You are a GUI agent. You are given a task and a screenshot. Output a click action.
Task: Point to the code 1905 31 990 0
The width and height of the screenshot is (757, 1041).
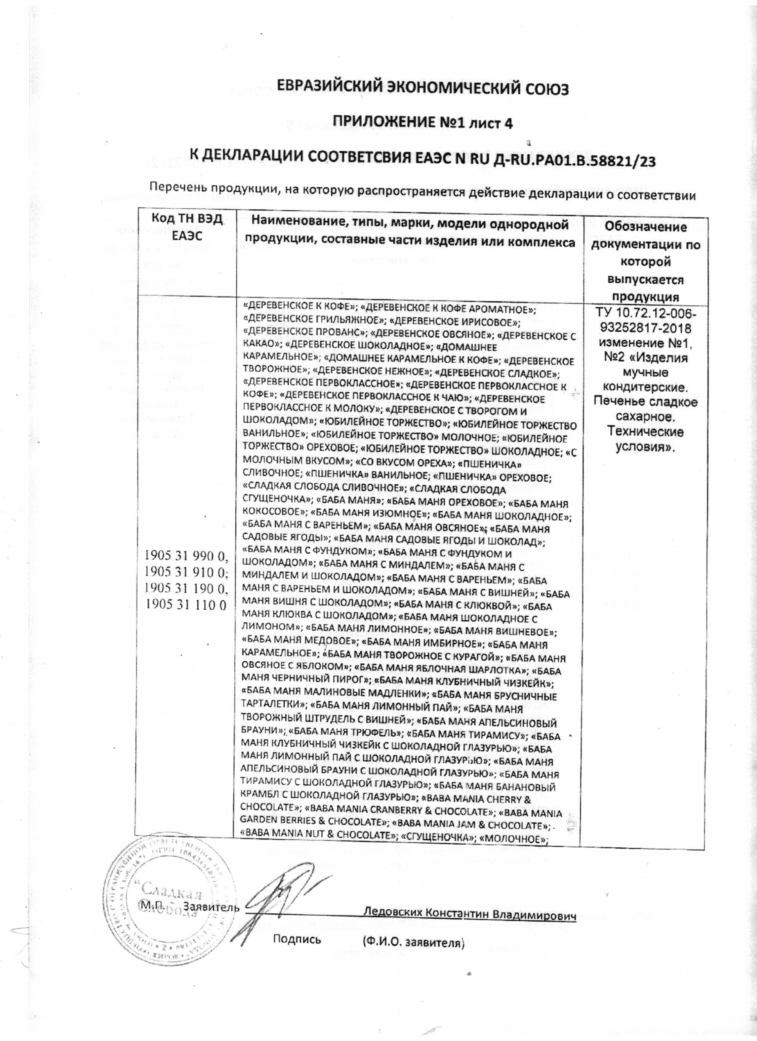pyautogui.click(x=186, y=556)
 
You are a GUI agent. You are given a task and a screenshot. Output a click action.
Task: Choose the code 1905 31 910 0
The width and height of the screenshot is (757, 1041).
pyautogui.click(x=186, y=572)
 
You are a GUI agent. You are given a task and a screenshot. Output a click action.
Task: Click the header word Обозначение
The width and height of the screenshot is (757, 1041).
pyautogui.click(x=645, y=227)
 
